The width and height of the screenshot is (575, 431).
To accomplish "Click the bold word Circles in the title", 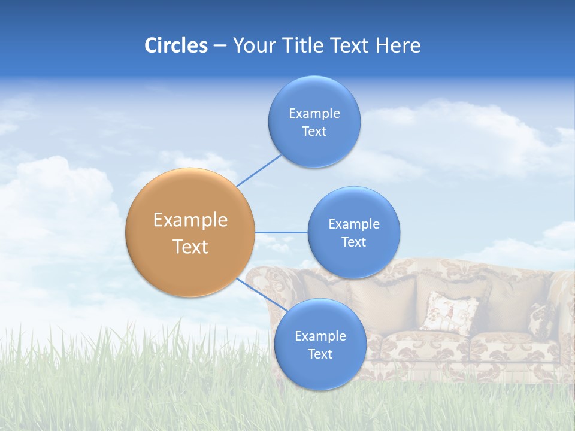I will (175, 45).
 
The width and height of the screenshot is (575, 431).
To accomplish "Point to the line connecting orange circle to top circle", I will (259, 170).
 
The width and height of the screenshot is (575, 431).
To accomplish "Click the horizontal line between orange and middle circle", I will (281, 232).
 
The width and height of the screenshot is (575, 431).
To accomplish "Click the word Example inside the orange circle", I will (190, 220).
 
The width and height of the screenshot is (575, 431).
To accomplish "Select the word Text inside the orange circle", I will (190, 247).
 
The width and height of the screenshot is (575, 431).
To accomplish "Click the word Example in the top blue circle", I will (314, 113).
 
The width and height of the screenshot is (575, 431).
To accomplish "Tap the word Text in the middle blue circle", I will (353, 242).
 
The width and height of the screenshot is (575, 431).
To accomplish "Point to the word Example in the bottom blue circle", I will (320, 336).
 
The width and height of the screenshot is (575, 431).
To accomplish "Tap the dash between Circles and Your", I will (219, 46).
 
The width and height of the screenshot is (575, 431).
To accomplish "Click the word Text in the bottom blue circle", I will (320, 354).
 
